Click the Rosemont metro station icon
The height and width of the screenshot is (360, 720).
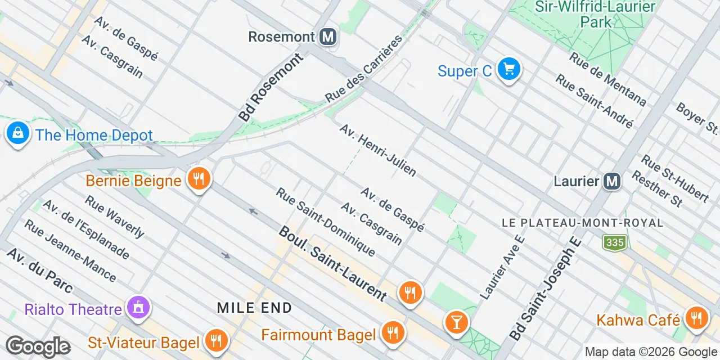tap(327, 37)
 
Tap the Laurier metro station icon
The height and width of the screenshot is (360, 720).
tap(612, 181)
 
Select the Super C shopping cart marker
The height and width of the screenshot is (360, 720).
tap(509, 70)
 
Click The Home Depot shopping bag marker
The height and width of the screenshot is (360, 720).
tap(18, 134)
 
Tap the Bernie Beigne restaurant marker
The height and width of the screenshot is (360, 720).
tap(198, 179)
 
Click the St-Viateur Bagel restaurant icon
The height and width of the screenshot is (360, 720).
tap(215, 340)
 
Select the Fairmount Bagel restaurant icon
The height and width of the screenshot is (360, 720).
tap(392, 334)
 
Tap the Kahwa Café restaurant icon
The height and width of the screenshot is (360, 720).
tap(696, 319)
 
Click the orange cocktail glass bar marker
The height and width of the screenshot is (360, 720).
tap(456, 322)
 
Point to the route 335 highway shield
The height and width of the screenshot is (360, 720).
tap(615, 243)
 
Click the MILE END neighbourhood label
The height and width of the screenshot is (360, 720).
tap(255, 308)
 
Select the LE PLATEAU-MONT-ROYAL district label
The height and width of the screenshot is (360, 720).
tap(582, 223)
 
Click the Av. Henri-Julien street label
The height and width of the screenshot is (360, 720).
tap(377, 150)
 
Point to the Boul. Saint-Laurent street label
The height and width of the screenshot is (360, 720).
tap(333, 263)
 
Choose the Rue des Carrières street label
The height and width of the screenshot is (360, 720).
tap(364, 69)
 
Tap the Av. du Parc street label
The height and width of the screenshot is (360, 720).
tap(40, 270)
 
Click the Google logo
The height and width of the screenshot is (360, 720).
tap(38, 346)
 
